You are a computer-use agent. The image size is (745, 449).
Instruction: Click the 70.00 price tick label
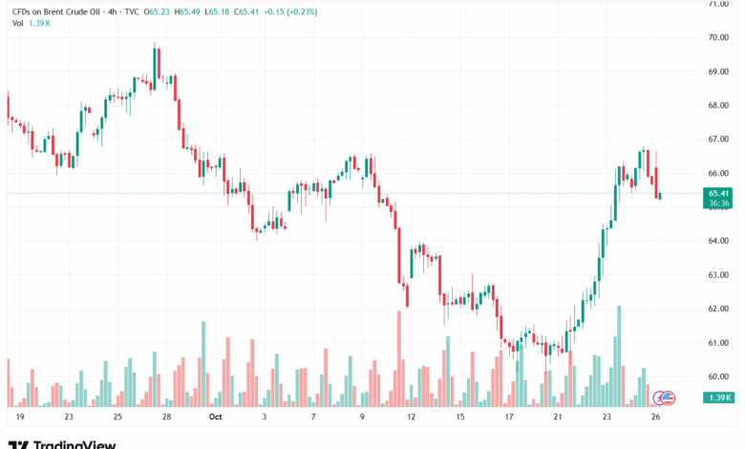pyautogui.click(x=719, y=37)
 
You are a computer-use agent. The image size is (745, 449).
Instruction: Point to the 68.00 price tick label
pyautogui.click(x=719, y=105)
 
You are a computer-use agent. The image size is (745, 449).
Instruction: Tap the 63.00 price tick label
pyautogui.click(x=719, y=275)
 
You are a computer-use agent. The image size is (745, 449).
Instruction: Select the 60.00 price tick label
pyautogui.click(x=719, y=376)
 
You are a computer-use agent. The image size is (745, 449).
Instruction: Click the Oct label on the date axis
pyautogui.click(x=215, y=417)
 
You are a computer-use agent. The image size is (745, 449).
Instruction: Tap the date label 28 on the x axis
pyautogui.click(x=166, y=417)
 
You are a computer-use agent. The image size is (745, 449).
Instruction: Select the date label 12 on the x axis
pyautogui.click(x=412, y=417)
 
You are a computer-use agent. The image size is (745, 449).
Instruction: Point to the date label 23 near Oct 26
pyautogui.click(x=607, y=417)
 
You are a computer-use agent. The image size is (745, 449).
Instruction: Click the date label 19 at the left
pyautogui.click(x=20, y=417)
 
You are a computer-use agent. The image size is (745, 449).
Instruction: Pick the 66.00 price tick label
pyautogui.click(x=719, y=173)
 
